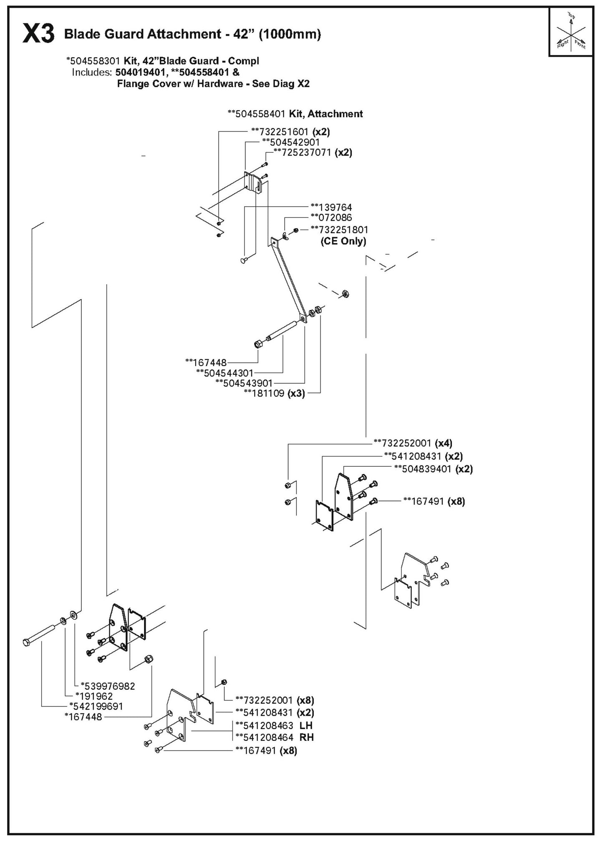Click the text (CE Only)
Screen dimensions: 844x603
click(343, 241)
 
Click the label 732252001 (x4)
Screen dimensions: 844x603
click(413, 443)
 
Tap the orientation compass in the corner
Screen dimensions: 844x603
click(571, 33)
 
